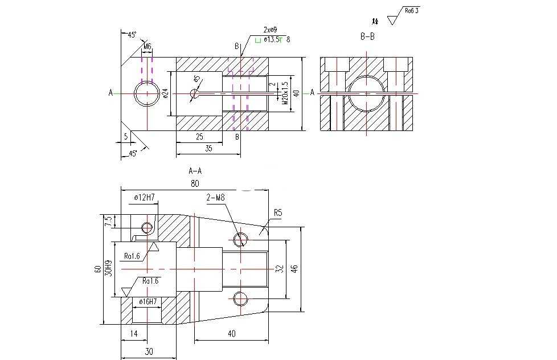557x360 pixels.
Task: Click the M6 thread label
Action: point(147,46)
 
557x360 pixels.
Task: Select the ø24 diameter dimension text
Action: point(165,93)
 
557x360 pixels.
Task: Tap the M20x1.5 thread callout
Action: point(285,93)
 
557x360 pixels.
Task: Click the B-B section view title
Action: point(367,36)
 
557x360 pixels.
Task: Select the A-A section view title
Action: point(195,170)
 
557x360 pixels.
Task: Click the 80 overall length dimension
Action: point(195,184)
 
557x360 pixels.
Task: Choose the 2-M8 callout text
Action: point(217,197)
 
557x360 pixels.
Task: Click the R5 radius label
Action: point(278,212)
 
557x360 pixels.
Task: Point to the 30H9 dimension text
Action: point(108,268)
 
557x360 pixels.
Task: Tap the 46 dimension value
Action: point(295,268)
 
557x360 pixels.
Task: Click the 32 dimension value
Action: point(279,268)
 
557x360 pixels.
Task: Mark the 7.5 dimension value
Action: point(108,220)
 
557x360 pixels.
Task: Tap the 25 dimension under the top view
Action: point(199,137)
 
